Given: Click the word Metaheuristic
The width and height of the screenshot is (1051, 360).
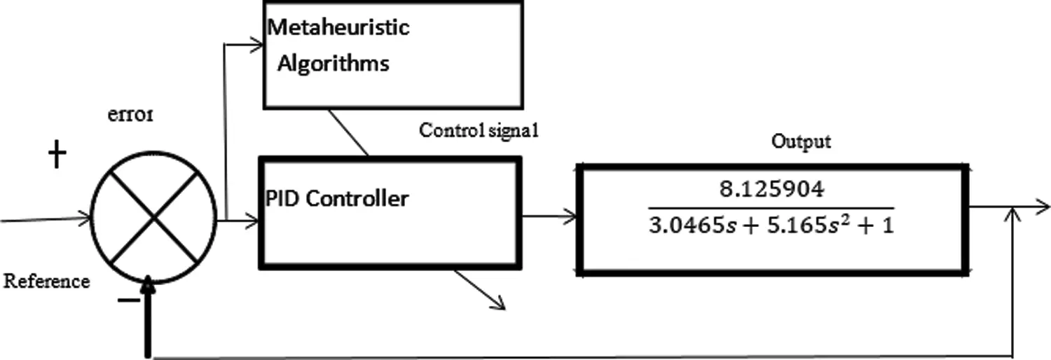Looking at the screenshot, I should (339, 29).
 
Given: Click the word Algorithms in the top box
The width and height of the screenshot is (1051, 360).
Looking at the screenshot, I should (334, 64).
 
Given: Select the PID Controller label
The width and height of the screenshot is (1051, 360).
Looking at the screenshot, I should (337, 199).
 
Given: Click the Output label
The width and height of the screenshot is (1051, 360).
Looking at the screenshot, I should (801, 141).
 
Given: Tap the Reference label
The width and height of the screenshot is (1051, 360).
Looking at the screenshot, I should (47, 282).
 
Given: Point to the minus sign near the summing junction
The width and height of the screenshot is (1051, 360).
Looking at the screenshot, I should (127, 300).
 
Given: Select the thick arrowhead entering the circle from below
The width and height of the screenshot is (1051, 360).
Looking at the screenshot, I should (148, 286).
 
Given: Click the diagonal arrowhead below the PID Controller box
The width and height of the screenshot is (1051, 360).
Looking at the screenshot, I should (499, 303).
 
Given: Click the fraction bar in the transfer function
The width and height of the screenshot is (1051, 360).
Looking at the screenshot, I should (771, 208).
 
